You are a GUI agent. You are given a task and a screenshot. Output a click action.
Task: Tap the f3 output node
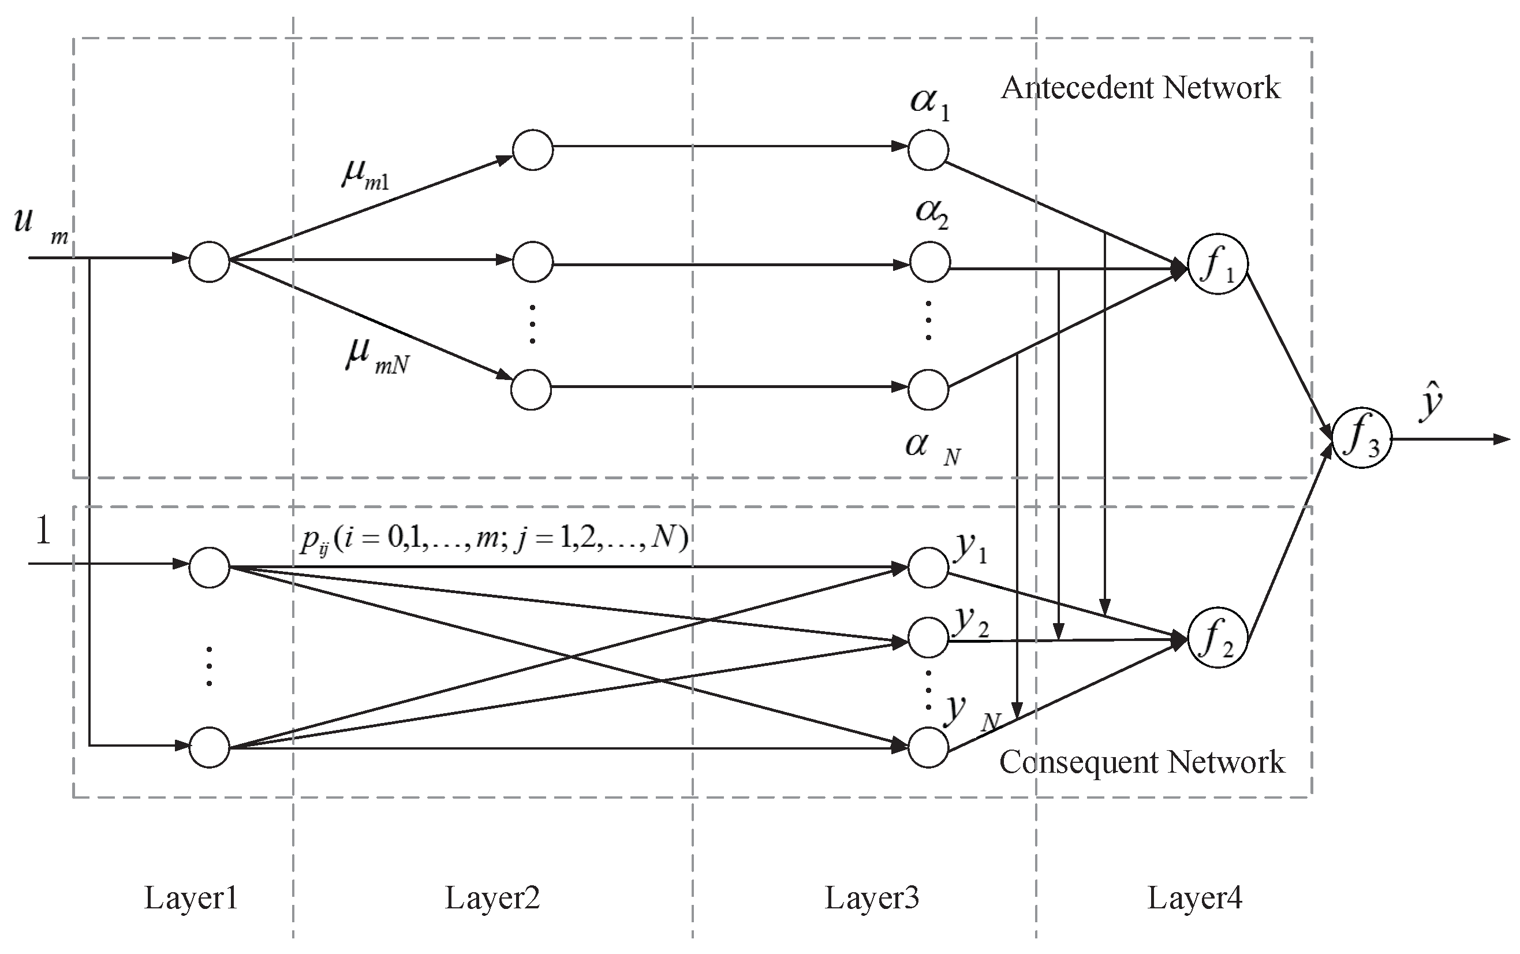1362,438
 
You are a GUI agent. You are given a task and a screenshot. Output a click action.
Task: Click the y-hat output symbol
1430,401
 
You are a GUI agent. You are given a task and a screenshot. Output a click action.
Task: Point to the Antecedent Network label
1140,88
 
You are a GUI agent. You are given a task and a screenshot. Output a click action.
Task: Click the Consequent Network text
1141,762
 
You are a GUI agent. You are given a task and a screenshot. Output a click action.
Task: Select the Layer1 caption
191,897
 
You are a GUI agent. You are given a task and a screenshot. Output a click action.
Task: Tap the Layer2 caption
492,897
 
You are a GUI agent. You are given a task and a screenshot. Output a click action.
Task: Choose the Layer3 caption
872,897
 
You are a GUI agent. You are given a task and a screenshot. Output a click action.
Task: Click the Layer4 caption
1194,897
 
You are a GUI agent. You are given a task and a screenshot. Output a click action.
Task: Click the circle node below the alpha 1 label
928,150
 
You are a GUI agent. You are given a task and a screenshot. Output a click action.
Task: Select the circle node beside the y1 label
928,567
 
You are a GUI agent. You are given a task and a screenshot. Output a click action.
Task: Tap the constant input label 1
43,530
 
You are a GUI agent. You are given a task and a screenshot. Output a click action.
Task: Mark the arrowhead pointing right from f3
1502,439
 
